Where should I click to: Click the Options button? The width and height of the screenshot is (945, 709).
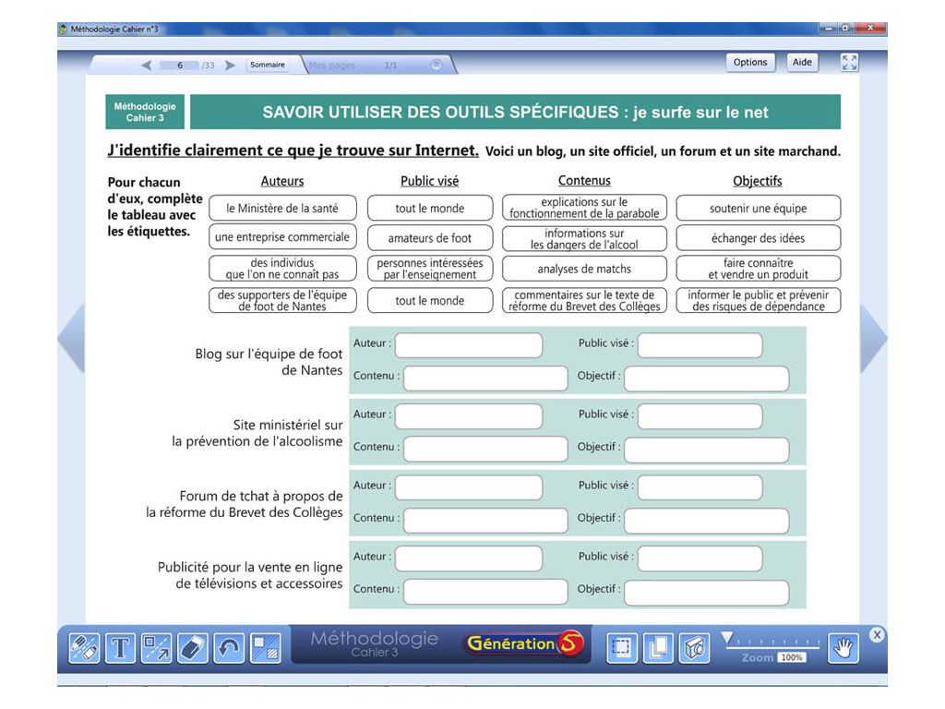749,63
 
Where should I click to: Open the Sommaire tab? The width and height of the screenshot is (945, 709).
268,65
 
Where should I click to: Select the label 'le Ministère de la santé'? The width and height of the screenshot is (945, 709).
282,208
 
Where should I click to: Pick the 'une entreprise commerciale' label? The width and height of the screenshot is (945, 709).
282,237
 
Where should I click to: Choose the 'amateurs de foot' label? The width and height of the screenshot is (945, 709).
429,238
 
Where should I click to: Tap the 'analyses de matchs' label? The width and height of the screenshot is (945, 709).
584,269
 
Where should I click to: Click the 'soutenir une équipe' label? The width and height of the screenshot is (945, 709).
758,208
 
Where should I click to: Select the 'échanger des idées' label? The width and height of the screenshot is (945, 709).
758,238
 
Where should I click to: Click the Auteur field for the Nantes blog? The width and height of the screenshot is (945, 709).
469,345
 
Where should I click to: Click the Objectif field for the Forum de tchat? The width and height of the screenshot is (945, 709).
707,521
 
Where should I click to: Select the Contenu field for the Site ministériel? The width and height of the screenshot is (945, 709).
485,450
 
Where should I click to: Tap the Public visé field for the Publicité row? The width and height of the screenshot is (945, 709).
700,559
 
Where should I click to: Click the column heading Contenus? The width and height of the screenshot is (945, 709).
584,181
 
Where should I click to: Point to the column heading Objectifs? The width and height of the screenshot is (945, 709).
758,181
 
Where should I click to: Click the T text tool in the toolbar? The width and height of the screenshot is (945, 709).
120,648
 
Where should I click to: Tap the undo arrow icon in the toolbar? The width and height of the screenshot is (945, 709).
229,648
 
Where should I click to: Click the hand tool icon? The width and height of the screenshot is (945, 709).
842,648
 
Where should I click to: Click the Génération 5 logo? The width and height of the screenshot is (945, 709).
524,644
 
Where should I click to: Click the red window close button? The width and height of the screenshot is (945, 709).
869,29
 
